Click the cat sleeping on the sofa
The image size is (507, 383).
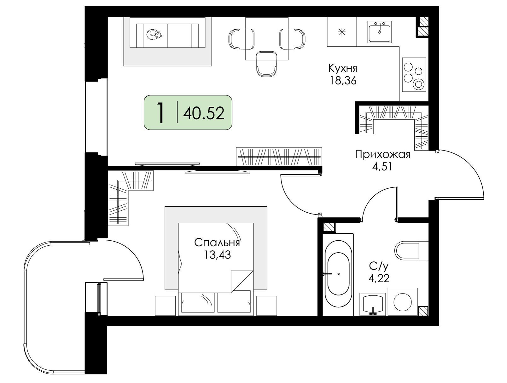click(154, 34)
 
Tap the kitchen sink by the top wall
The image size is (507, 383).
click(380, 32)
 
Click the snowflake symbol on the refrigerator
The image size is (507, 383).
click(341, 32)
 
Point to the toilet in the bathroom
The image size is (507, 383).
click(411, 250)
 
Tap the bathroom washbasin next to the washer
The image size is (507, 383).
click(373, 304)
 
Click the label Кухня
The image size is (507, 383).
click(343, 69)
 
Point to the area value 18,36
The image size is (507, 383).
click(343, 81)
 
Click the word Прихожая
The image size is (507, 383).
click(382, 155)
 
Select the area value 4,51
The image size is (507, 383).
click(382, 167)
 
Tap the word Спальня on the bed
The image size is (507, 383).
click(217, 243)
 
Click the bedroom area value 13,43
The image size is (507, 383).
click(217, 255)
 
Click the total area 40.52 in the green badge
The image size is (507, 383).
click(203, 113)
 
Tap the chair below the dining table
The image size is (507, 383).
click(266, 64)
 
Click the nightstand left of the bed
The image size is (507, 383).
click(165, 306)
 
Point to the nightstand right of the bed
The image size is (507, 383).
click(266, 306)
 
